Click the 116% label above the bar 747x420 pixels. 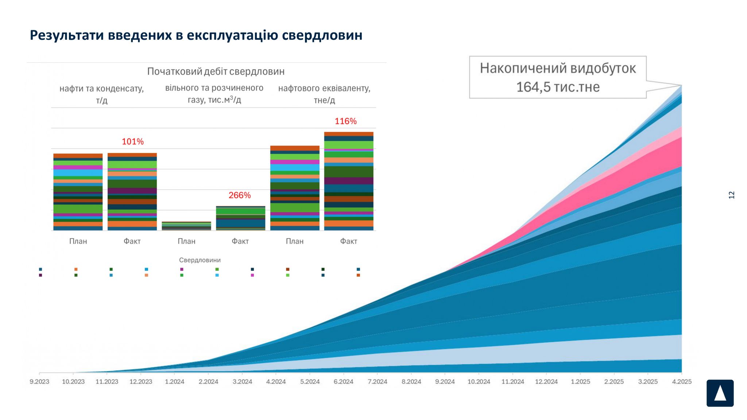coord(345,121)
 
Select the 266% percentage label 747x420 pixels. coord(240,195)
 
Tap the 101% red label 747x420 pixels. coord(132,141)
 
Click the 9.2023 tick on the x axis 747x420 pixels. coord(39,381)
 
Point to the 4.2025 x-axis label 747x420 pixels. coord(681,381)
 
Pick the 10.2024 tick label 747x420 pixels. coord(479,381)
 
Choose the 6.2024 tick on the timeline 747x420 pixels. coord(343,381)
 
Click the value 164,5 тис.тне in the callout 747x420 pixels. coord(558,87)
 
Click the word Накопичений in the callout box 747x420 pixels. coord(523,68)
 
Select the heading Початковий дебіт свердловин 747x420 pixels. coord(216,71)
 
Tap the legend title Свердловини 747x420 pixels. coord(200,260)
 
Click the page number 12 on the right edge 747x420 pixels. coord(731,195)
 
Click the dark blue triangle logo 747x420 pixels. coord(720,393)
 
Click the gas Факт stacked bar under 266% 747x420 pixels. coord(240,218)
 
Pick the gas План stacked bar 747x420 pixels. coord(186,226)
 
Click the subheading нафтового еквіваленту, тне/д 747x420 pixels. coord(324,94)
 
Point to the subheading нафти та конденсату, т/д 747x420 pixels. coord(101,94)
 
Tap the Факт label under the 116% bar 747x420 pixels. coord(348,241)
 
